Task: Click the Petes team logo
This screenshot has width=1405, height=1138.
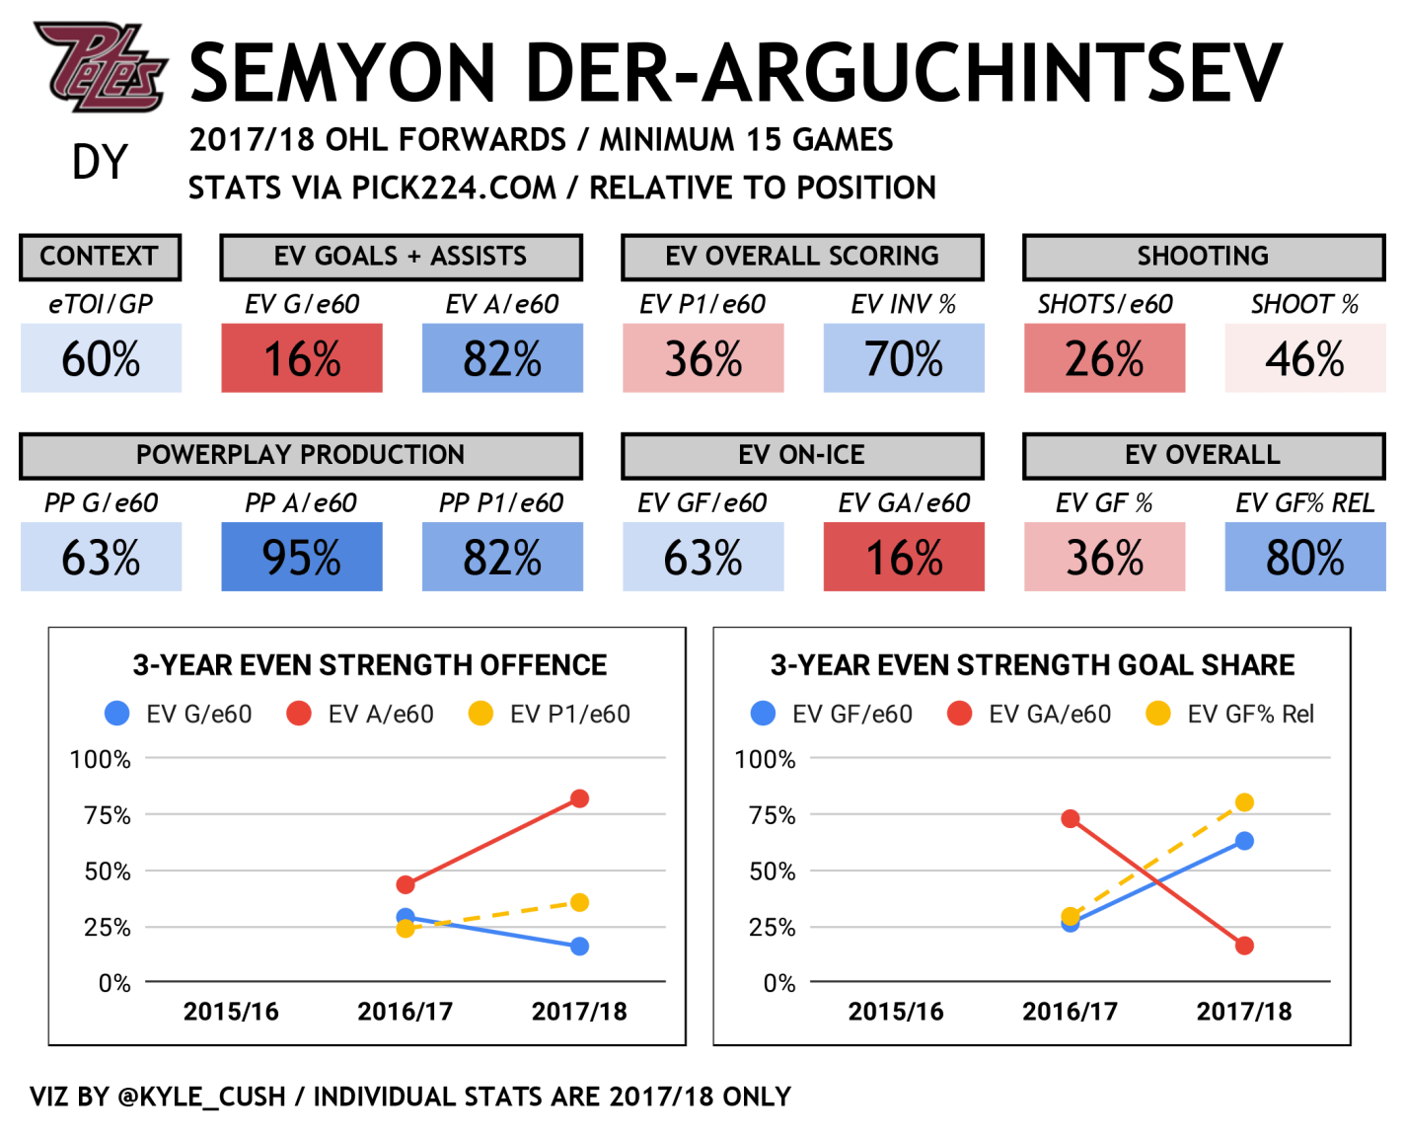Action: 100,67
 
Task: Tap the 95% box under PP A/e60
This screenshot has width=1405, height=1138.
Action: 302,557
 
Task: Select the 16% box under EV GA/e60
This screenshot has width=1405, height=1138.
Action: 904,557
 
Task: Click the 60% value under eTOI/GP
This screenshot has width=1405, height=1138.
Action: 101,358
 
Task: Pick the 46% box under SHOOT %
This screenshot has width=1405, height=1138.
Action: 1304,358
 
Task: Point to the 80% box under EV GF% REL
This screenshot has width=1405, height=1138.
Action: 1304,557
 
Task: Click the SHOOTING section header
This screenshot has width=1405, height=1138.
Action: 1203,257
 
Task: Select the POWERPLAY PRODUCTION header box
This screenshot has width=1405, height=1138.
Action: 301,455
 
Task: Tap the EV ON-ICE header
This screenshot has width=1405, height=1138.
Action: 802,455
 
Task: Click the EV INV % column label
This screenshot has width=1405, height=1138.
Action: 904,305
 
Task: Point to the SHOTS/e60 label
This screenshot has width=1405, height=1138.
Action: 1105,305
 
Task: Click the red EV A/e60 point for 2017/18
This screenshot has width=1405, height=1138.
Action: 579,798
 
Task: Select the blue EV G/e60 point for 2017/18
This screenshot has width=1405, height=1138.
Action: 579,947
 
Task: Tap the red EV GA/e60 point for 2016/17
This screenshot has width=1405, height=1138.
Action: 1071,819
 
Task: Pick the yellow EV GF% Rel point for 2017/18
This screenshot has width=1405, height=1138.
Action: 1244,802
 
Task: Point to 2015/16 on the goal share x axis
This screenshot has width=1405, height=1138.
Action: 896,1012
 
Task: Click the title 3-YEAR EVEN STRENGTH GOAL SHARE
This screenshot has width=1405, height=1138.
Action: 1032,665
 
